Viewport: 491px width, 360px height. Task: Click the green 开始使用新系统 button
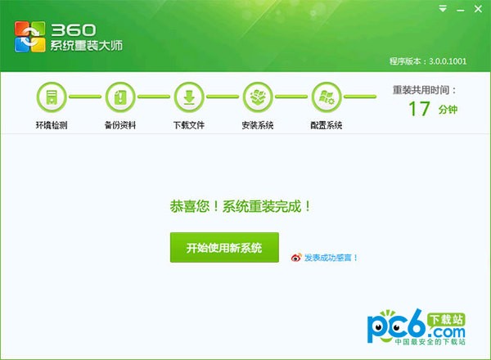click(224, 247)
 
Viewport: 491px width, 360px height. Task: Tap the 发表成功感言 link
click(331, 258)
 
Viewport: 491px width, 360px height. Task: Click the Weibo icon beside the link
click(296, 258)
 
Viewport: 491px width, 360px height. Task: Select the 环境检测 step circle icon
click(51, 97)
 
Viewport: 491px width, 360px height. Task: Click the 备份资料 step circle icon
click(119, 97)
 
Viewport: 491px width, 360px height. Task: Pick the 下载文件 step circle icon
click(188, 97)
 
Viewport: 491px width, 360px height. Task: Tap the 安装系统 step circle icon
click(257, 97)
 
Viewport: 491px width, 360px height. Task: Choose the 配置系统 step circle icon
click(326, 97)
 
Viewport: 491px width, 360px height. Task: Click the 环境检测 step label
click(51, 126)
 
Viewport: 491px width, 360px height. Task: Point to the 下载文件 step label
click(188, 126)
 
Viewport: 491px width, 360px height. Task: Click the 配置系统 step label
click(326, 126)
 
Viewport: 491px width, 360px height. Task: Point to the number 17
click(419, 110)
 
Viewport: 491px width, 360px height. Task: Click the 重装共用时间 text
click(424, 89)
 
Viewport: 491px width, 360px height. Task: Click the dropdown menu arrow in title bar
click(443, 9)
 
